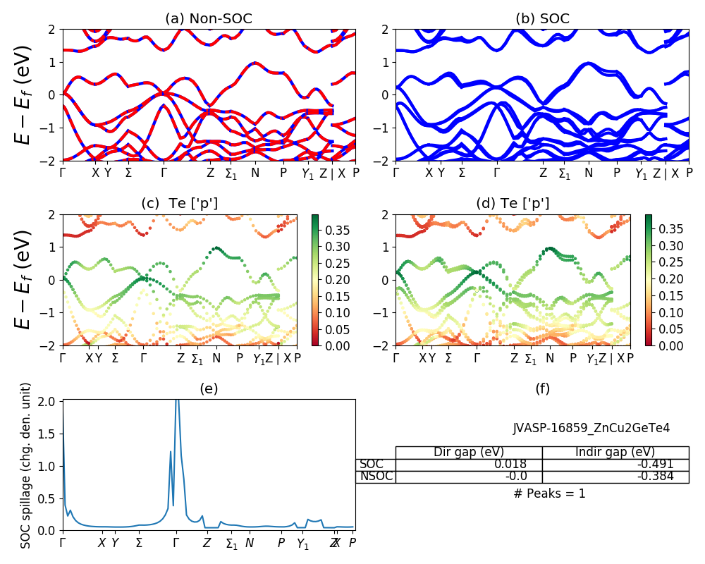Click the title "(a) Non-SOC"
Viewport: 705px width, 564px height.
[x=208, y=19]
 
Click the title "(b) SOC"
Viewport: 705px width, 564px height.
[x=542, y=19]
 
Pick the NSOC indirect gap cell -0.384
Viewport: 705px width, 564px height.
[x=656, y=477]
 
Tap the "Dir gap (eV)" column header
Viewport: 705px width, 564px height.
[x=469, y=453]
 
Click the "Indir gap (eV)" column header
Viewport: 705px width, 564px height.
[x=615, y=453]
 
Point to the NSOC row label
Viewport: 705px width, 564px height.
[x=376, y=477]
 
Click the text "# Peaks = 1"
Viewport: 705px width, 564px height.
[x=549, y=493]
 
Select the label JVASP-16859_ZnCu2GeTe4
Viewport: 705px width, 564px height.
[x=591, y=428]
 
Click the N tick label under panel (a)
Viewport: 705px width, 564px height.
[x=255, y=173]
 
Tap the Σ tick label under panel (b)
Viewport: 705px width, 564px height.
[x=462, y=173]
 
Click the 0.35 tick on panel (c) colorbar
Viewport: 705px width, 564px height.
[x=333, y=230]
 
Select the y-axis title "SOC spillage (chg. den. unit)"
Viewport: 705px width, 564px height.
[x=26, y=465]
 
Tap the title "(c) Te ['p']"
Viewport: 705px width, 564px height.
[x=179, y=204]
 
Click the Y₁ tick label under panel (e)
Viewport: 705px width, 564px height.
[x=302, y=544]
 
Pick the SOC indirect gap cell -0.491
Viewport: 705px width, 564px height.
[x=656, y=465]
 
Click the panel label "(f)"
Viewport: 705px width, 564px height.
[x=542, y=388]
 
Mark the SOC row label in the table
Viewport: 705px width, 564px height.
[x=372, y=465]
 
